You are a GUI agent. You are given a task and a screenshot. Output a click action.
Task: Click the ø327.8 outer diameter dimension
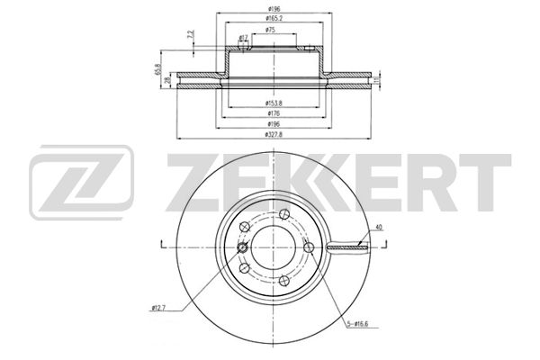[x=269, y=134]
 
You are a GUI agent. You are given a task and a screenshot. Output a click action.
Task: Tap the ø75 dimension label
[x=269, y=31]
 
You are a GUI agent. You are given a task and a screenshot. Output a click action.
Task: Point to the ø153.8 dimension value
[x=269, y=104]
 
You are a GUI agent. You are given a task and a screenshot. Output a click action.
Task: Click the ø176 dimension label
[x=269, y=114]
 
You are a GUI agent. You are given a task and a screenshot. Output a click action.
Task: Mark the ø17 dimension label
[x=244, y=38]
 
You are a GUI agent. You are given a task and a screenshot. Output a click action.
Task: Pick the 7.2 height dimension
[x=190, y=35]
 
